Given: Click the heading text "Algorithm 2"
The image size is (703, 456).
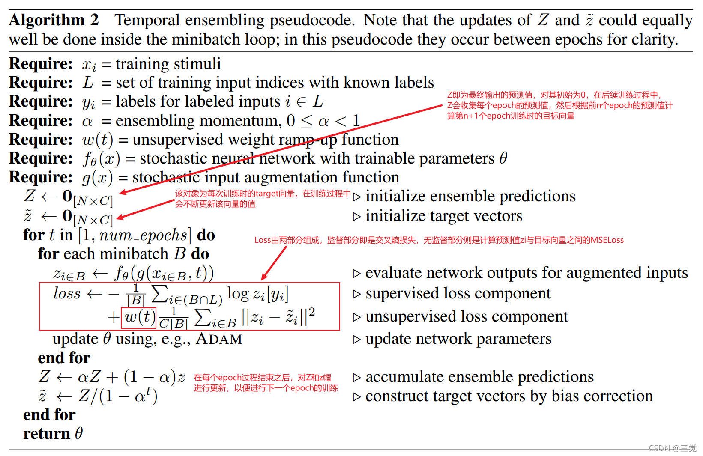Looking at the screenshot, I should [x=54, y=20].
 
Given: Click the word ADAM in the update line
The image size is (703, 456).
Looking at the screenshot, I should [x=219, y=339].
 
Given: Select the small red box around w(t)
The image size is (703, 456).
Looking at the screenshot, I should [x=139, y=318].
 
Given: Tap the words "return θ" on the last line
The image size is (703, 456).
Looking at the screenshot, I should [x=53, y=434].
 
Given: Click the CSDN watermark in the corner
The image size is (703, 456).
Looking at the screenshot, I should [x=672, y=448].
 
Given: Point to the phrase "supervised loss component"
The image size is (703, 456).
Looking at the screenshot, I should [x=458, y=294].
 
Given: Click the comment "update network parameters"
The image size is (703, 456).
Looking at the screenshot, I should [x=458, y=339].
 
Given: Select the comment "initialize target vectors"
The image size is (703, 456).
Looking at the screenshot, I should [x=443, y=216].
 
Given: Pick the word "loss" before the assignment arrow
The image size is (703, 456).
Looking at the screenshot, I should [x=67, y=294].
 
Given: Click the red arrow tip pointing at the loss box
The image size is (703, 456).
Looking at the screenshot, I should [x=263, y=279].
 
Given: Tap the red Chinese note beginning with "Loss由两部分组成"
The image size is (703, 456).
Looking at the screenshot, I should [x=439, y=240].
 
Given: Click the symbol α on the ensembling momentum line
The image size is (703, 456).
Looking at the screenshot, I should [x=87, y=122].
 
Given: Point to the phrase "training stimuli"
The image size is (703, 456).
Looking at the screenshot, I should [x=168, y=64].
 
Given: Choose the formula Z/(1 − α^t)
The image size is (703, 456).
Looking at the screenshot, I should [x=118, y=396].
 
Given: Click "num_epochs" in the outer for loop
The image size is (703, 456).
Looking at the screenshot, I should [x=144, y=235].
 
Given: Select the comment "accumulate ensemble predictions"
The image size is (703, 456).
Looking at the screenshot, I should [x=479, y=377].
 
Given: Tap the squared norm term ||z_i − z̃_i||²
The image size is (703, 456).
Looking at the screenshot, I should [x=278, y=318].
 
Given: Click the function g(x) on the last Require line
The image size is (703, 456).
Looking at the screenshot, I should [x=97, y=178].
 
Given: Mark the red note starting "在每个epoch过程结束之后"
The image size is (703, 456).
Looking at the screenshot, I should [x=266, y=383].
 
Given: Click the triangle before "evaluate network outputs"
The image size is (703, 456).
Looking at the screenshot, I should [x=356, y=274].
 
